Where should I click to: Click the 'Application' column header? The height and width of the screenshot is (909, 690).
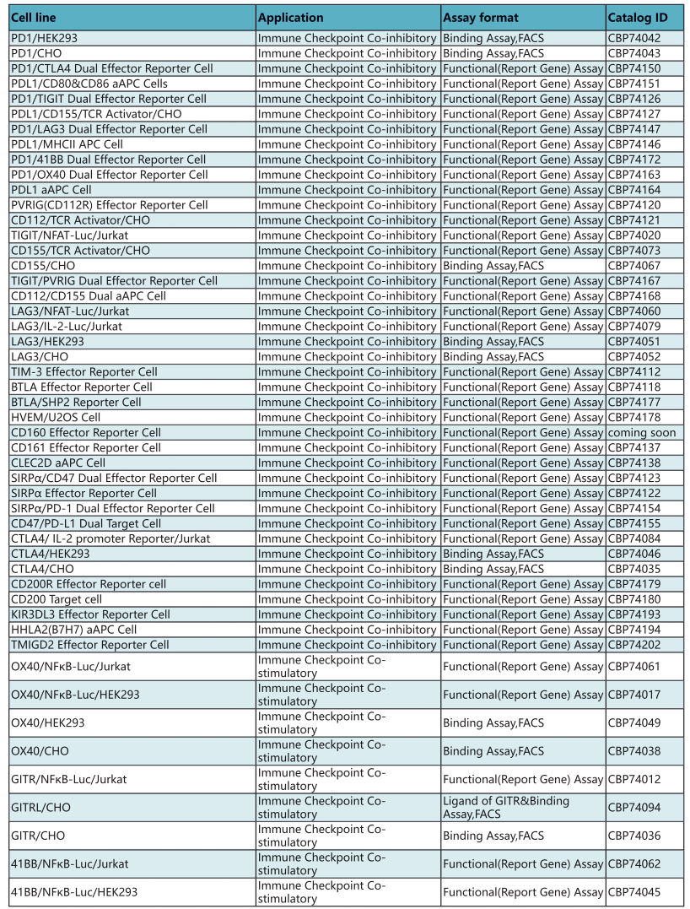coord(291,18)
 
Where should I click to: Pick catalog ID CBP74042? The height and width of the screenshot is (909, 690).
coord(634,38)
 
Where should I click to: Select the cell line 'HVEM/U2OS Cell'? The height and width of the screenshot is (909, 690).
coord(56,418)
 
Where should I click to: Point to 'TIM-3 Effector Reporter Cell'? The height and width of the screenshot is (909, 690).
coord(84,372)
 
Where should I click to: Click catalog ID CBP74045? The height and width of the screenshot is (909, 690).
coord(634,892)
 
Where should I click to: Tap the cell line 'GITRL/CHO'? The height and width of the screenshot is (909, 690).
coord(40,808)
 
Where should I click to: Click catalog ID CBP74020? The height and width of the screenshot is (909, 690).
coord(634,235)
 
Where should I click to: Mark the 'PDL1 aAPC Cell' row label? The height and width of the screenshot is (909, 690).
coord(51,190)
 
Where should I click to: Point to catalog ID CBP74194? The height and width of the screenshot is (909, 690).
coord(634,630)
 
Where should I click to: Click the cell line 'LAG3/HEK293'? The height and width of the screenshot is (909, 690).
coord(47,342)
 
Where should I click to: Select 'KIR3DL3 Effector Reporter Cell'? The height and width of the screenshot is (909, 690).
coord(90,614)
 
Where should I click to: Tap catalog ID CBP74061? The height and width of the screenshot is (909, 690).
coord(634,667)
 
